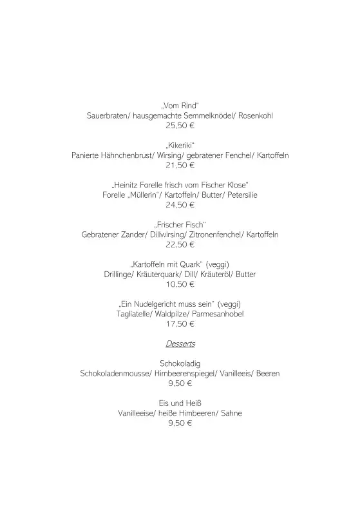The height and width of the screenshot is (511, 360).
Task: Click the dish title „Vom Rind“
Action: [180, 105]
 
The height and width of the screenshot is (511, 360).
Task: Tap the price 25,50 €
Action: [180, 126]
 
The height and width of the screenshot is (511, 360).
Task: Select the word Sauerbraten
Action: [108, 115]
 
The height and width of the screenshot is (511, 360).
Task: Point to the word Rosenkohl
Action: [256, 115]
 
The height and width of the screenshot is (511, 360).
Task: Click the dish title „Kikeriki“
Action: [180, 145]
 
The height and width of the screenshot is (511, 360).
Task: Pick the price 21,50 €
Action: [180, 166]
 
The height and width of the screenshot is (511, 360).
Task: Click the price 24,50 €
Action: [180, 205]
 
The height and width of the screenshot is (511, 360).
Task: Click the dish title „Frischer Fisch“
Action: [180, 224]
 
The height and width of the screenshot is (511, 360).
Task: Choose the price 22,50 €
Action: [180, 245]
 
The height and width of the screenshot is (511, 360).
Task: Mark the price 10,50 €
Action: [180, 284]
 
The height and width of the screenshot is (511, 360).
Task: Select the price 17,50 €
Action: [180, 324]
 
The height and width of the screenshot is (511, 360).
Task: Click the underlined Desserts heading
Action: [180, 343]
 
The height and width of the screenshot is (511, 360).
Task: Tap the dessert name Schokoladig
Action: [180, 363]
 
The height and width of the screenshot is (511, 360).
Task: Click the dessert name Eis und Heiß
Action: [180, 403]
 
